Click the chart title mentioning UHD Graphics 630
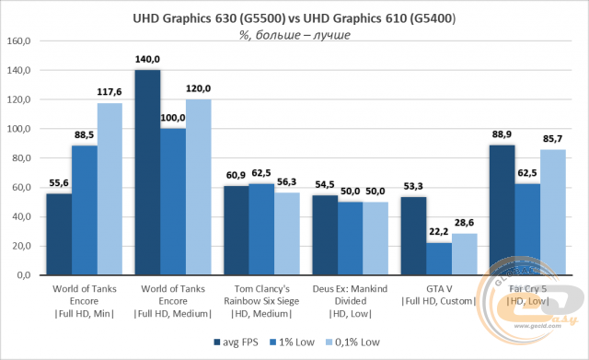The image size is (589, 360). [x=294, y=18]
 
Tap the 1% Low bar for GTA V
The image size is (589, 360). [x=438, y=259]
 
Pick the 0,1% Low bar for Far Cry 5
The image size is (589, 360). [x=552, y=213]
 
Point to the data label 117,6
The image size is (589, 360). [x=110, y=93]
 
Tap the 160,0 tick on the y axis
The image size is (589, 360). [x=19, y=41]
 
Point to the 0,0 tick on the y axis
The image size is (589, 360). [x=23, y=275]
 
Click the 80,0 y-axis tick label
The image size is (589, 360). [x=21, y=158]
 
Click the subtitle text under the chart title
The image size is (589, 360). [x=294, y=35]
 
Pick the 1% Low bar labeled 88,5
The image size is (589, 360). [x=85, y=211]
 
